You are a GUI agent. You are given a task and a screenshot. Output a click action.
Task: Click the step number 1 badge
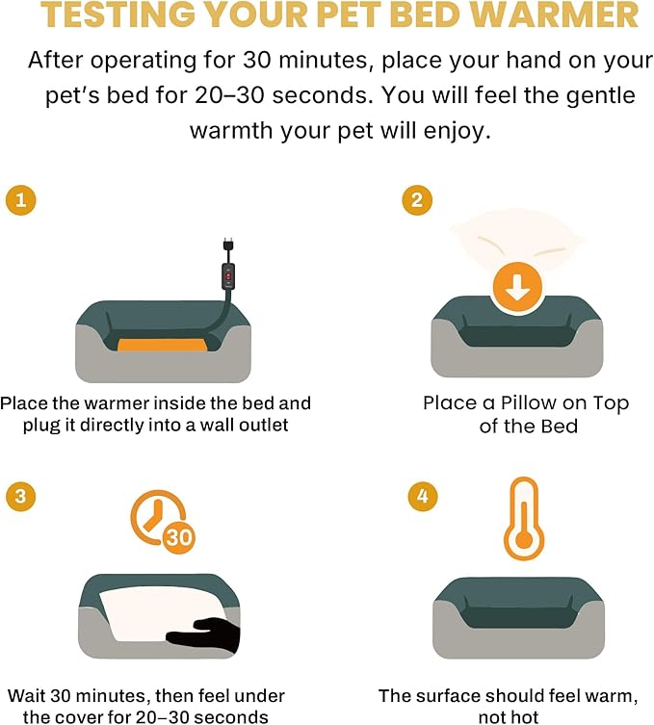(21, 200)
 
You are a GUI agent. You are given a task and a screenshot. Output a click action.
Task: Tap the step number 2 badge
(417, 200)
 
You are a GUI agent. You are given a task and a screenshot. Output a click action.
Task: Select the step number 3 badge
(21, 496)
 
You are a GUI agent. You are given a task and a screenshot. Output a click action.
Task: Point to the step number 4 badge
(423, 496)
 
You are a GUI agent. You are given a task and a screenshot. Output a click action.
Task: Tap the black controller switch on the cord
(228, 276)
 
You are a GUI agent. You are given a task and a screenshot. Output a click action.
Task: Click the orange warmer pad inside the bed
(162, 345)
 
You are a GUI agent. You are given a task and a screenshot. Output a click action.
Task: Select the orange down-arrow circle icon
(517, 289)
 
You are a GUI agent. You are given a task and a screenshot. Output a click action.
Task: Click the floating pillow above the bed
(517, 238)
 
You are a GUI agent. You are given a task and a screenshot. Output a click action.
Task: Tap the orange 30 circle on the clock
(178, 538)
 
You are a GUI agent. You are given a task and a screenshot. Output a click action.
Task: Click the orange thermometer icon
(524, 518)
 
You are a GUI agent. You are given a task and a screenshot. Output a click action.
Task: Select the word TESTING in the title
(118, 14)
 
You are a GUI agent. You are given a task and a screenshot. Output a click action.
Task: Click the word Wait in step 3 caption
(26, 695)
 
